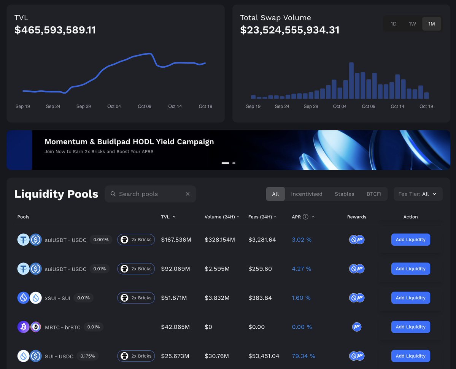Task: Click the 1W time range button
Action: pyautogui.click(x=412, y=24)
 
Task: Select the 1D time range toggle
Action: pyautogui.click(x=393, y=24)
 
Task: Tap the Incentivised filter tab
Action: pyautogui.click(x=307, y=194)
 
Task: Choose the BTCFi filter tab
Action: pyautogui.click(x=374, y=194)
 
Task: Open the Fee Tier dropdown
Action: pyautogui.click(x=418, y=194)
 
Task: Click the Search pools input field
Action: pyautogui.click(x=148, y=194)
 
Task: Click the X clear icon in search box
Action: pyautogui.click(x=187, y=194)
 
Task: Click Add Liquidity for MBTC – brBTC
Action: pyautogui.click(x=410, y=327)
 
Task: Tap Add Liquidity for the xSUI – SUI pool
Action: pyautogui.click(x=410, y=298)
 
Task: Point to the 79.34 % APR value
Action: pyautogui.click(x=303, y=356)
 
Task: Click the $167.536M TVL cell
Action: pyautogui.click(x=176, y=240)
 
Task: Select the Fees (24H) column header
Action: pyautogui.click(x=260, y=217)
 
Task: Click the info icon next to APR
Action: pyautogui.click(x=305, y=217)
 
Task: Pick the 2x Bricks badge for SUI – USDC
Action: pyautogui.click(x=136, y=356)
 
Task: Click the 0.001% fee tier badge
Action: pyautogui.click(x=101, y=240)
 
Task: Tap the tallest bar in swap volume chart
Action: pyautogui.click(x=351, y=81)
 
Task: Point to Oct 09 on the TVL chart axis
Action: pyautogui.click(x=145, y=107)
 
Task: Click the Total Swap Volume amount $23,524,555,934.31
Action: pyautogui.click(x=289, y=30)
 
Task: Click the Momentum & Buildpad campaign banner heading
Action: pyautogui.click(x=129, y=142)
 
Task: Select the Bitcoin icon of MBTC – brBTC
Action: pyautogui.click(x=23, y=327)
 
